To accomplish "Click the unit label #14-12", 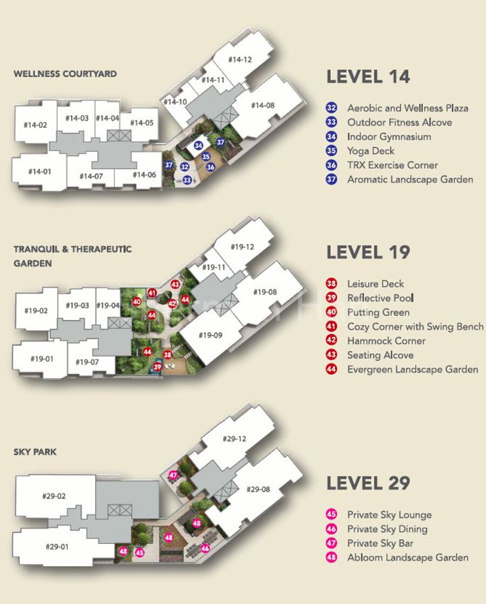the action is pyautogui.click(x=240, y=59).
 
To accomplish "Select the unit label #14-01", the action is pyautogui.click(x=39, y=172).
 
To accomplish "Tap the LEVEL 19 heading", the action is pyautogui.click(x=368, y=252).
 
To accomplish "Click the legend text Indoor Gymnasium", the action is pyautogui.click(x=389, y=137).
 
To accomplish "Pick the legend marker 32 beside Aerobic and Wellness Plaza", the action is pyautogui.click(x=332, y=108).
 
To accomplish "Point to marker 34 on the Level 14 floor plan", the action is pyautogui.click(x=199, y=146).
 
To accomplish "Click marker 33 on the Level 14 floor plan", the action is pyautogui.click(x=187, y=180).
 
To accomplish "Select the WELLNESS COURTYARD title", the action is pyautogui.click(x=65, y=73).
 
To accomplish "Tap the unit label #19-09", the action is pyautogui.click(x=211, y=335).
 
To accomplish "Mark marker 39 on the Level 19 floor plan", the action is pyautogui.click(x=157, y=367).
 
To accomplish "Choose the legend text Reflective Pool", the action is pyautogui.click(x=380, y=298).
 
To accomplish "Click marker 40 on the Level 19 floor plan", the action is pyautogui.click(x=137, y=302).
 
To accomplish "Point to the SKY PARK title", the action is pyautogui.click(x=35, y=452).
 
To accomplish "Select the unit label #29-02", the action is pyautogui.click(x=54, y=496).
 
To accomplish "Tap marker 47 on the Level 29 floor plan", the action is pyautogui.click(x=173, y=475).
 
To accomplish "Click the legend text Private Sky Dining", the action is pyautogui.click(x=387, y=530).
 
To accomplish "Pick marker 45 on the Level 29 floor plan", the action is pyautogui.click(x=139, y=552).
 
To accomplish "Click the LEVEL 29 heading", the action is pyautogui.click(x=368, y=483).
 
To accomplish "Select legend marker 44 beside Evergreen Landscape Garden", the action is pyautogui.click(x=332, y=369).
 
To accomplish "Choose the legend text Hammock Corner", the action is pyautogui.click(x=386, y=341).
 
